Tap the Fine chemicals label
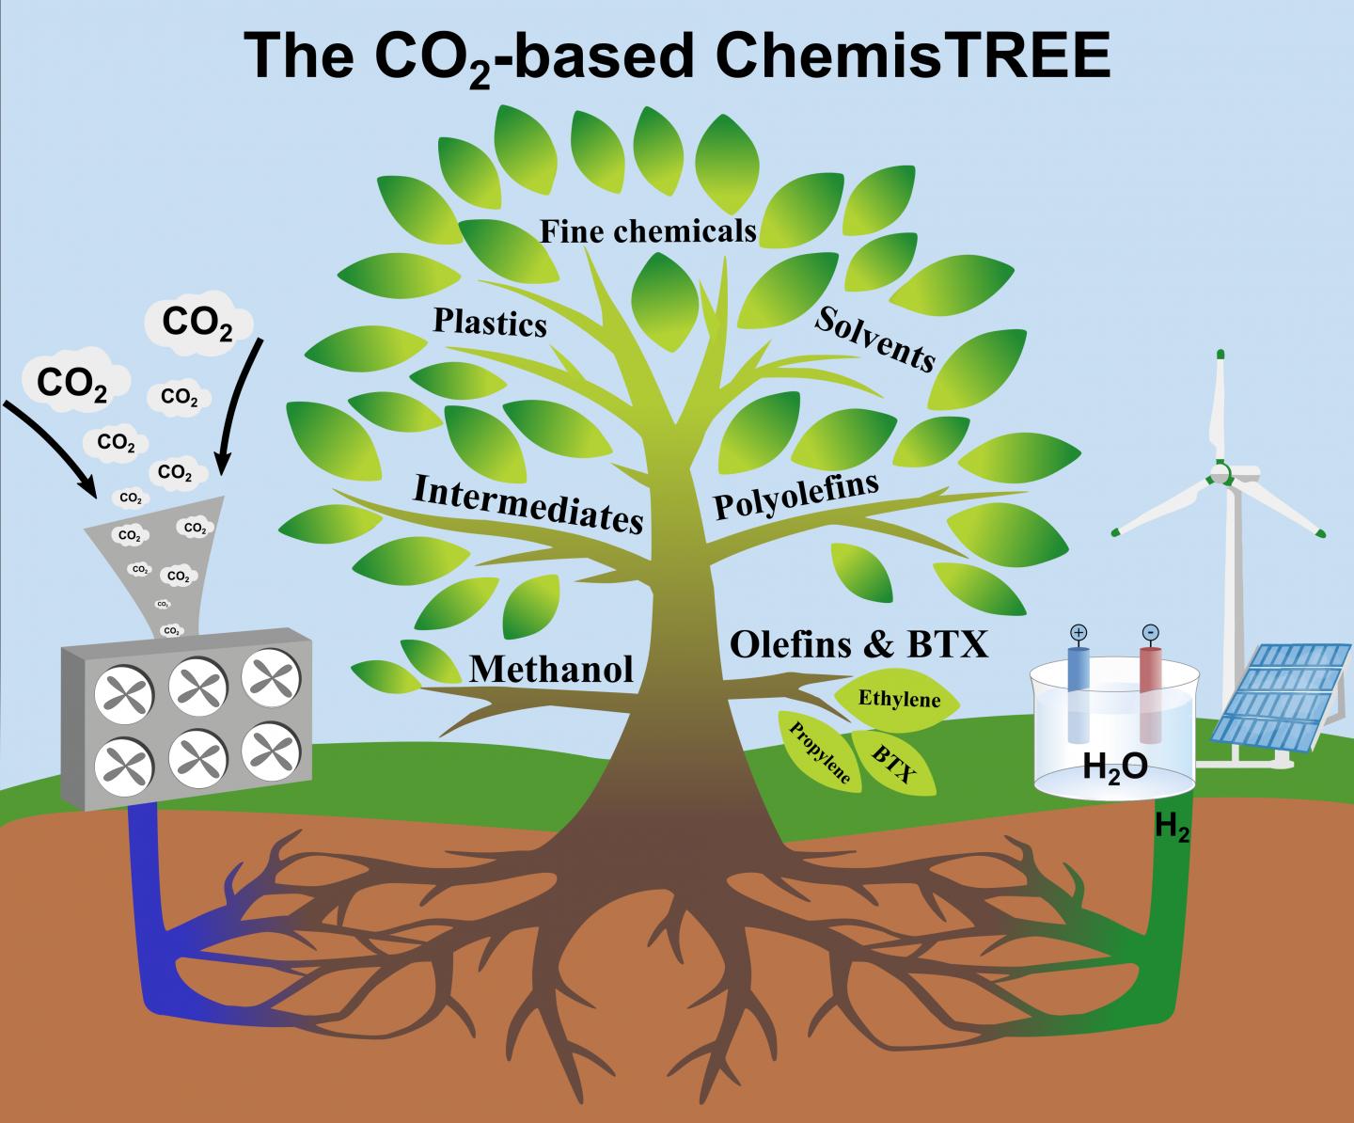click(648, 229)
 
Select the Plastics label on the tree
click(489, 323)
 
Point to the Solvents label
click(874, 339)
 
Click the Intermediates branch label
click(528, 502)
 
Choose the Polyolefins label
click(795, 495)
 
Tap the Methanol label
click(551, 669)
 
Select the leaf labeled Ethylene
click(900, 700)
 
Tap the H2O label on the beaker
click(1114, 767)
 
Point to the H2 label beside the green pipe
click(1172, 828)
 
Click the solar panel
click(1282, 691)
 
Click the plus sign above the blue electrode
click(1078, 633)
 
